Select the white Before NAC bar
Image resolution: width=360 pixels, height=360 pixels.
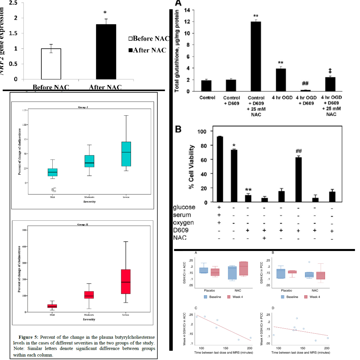51,64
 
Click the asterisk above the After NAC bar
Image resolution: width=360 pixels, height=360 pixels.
105,13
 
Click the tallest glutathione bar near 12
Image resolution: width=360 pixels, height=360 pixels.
256,56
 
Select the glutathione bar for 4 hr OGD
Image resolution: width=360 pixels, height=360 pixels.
281,80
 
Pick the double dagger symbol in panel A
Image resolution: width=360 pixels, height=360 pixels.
330,71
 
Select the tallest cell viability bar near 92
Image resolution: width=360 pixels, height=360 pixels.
220,169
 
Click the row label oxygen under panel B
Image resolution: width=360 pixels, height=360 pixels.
183,222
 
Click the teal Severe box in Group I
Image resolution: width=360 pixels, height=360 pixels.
126,154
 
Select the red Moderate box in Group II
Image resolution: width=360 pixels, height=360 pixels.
89,295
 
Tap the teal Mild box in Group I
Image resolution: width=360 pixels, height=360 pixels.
52,172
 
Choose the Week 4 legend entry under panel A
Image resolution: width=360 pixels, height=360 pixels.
236,297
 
